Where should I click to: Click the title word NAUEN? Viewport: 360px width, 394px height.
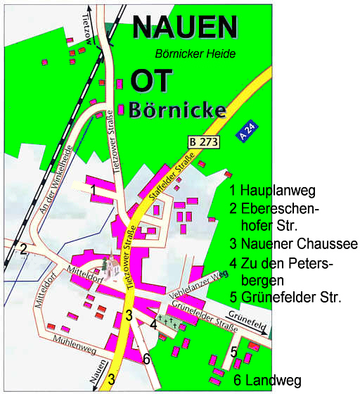tap(185, 27)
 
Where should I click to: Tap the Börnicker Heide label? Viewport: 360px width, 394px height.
tap(195, 53)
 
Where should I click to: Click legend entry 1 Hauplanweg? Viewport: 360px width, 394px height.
tap(273, 190)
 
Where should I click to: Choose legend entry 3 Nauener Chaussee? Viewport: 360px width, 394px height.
tap(293, 244)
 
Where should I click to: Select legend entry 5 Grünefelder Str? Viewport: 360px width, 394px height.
tap(285, 297)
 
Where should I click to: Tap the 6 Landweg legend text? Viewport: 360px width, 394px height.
tap(268, 381)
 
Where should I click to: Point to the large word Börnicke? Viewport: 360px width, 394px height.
tap(177, 110)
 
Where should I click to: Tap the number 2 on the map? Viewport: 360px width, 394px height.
tap(23, 248)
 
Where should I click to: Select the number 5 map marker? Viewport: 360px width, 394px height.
tap(233, 351)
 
